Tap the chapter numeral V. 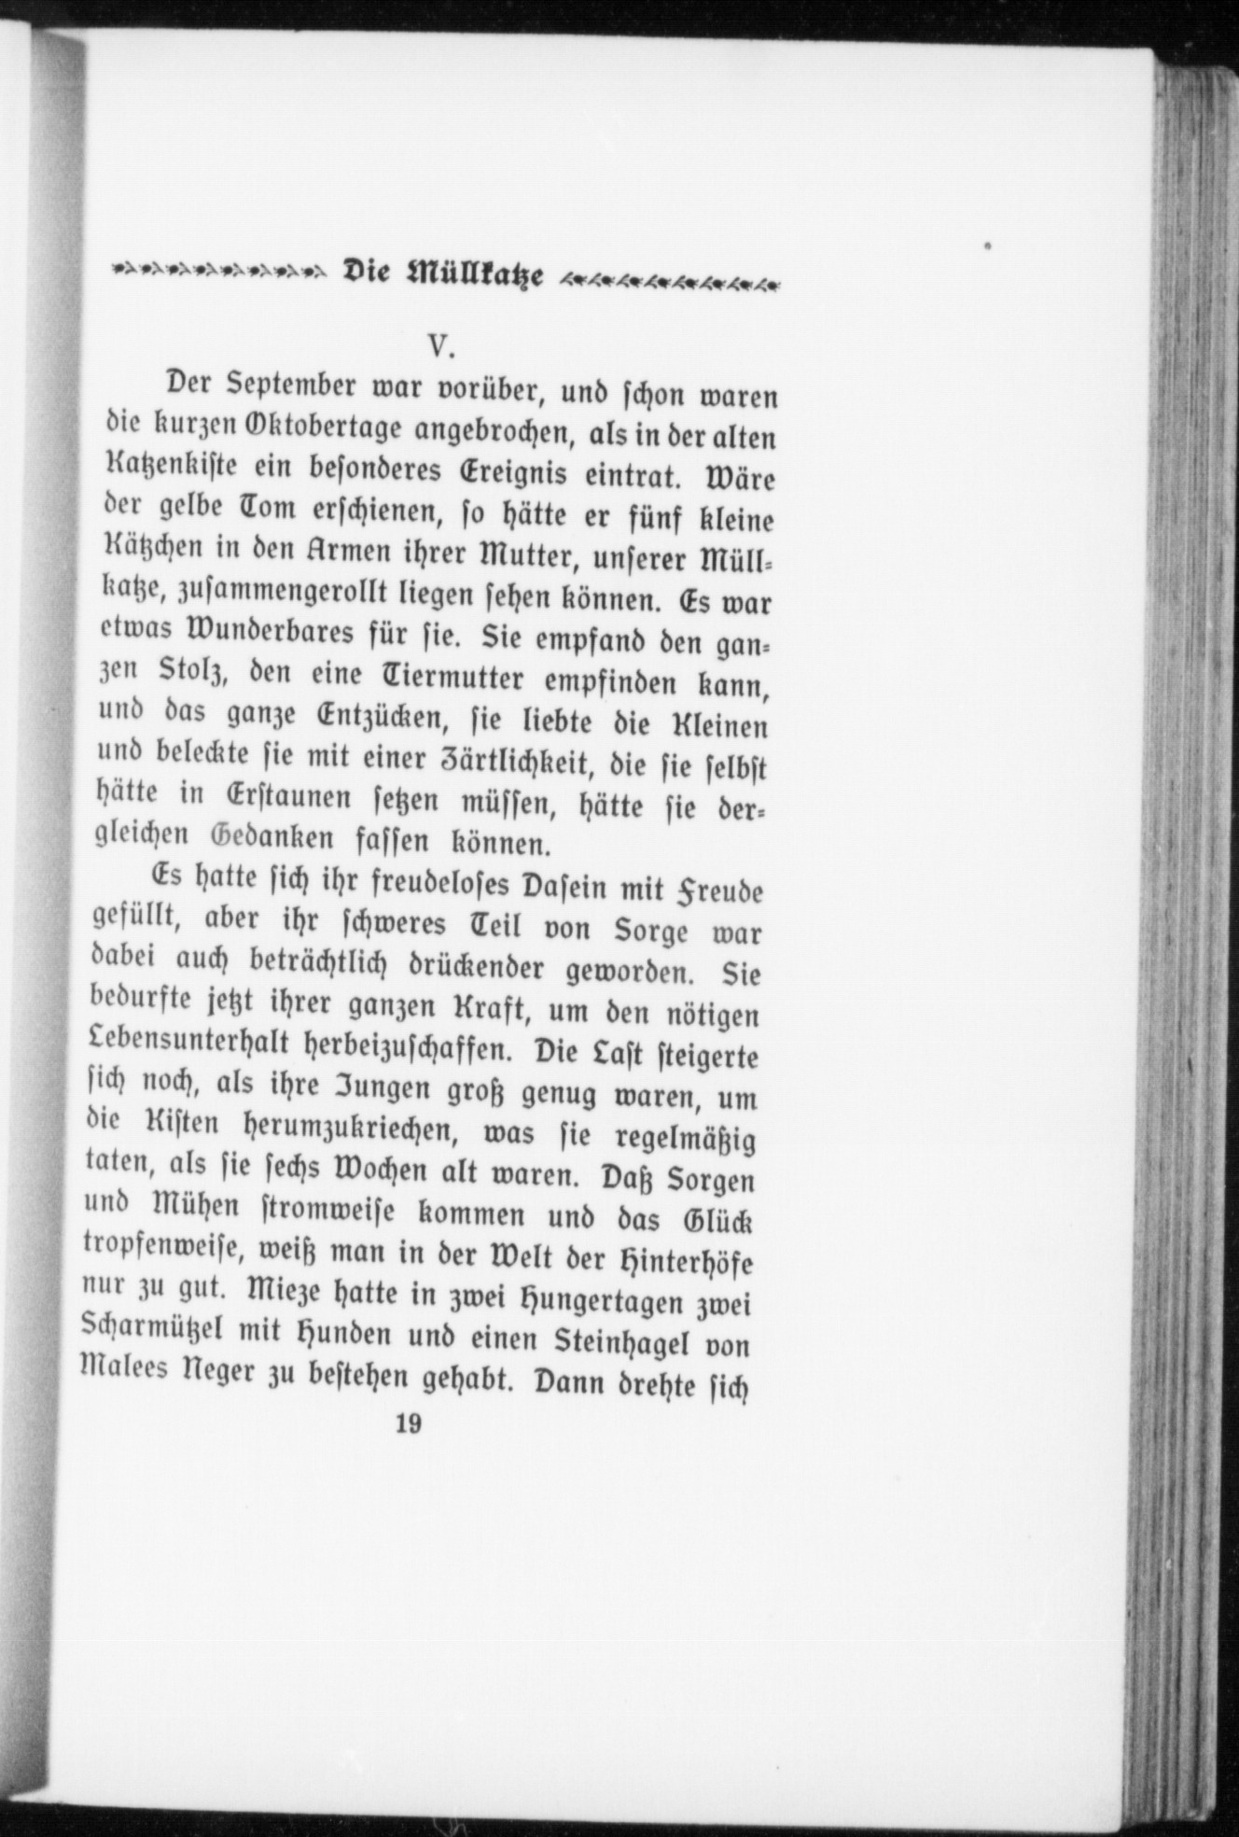coord(440,347)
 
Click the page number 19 coord(408,1451)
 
